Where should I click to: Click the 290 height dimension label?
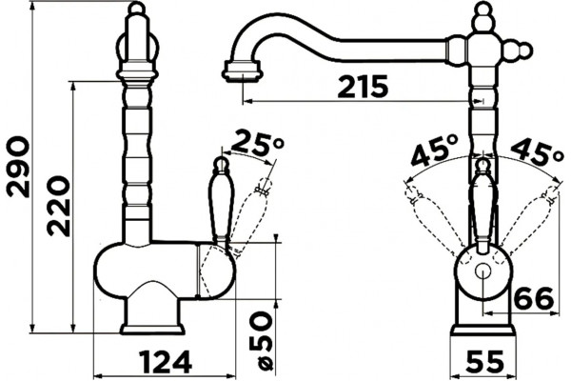(x=18, y=167)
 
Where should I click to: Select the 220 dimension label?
(x=58, y=206)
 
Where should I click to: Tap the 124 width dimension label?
(x=166, y=362)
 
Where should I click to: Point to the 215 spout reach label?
(x=363, y=87)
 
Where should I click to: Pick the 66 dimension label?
(x=534, y=298)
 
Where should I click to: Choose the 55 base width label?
(x=485, y=362)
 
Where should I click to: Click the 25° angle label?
(x=257, y=142)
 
